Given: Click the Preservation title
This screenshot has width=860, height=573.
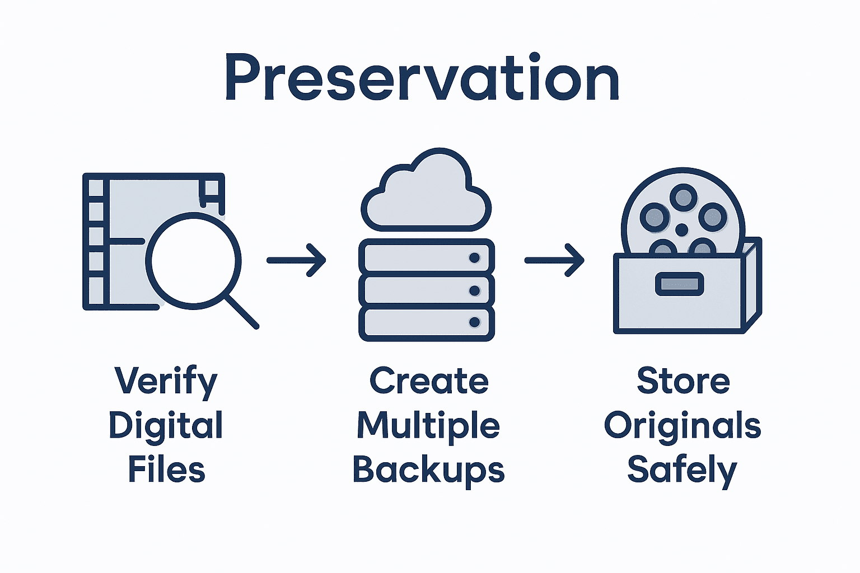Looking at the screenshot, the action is click(422, 78).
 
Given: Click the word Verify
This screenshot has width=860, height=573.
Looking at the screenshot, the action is click(166, 382).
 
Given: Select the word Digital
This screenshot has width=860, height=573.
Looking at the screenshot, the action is click(166, 426).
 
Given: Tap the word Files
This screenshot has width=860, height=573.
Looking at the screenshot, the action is click(166, 469).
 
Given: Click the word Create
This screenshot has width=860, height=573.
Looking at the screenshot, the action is click(429, 382).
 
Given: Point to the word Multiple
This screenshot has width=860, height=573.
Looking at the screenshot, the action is click(428, 426).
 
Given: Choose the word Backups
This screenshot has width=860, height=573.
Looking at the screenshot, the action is click(428, 471).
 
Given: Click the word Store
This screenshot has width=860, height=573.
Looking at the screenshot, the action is click(683, 382).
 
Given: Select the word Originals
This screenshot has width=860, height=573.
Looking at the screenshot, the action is click(683, 426).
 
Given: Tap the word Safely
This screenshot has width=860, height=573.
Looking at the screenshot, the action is click(682, 471).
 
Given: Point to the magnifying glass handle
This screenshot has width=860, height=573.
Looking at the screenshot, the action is click(242, 312).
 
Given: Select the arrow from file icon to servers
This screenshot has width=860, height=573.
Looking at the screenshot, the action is click(296, 260).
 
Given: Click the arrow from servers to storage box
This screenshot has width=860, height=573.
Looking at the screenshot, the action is click(554, 260).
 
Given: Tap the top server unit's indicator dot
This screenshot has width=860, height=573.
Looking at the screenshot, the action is click(474, 258).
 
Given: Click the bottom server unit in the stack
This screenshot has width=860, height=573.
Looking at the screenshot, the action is click(426, 323).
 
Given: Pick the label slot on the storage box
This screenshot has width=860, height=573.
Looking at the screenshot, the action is click(679, 284).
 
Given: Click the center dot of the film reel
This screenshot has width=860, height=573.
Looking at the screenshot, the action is click(681, 229).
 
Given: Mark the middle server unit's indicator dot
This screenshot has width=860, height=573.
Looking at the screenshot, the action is click(474, 290).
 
